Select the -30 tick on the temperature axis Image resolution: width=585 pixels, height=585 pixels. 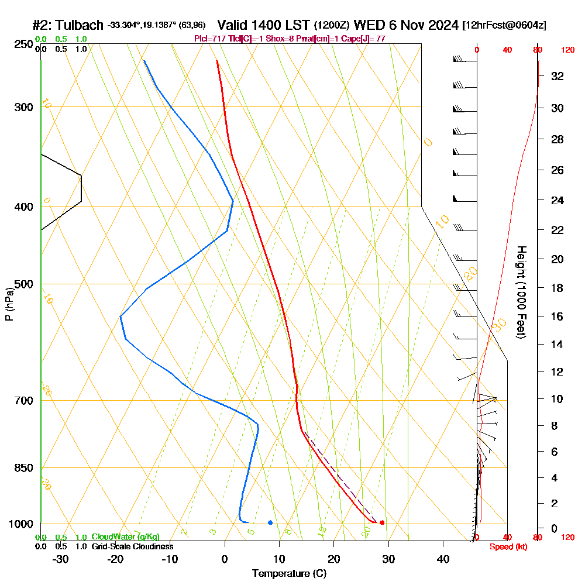click(61, 559)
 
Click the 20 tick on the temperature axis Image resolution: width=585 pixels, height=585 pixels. click(334, 559)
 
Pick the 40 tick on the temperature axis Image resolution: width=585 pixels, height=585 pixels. click(443, 559)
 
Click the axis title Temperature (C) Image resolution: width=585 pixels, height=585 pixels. click(289, 574)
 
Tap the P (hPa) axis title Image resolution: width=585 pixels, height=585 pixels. click(9, 304)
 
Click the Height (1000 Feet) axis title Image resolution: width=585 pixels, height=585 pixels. click(521, 292)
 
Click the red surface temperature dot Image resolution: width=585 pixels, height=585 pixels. click(382, 522)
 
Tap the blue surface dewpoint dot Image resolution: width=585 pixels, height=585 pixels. click(270, 522)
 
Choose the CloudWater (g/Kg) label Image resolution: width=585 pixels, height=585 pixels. click(125, 537)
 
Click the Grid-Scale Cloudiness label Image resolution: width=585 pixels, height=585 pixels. click(132, 546)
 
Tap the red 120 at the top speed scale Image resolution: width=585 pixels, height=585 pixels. click(567, 50)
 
